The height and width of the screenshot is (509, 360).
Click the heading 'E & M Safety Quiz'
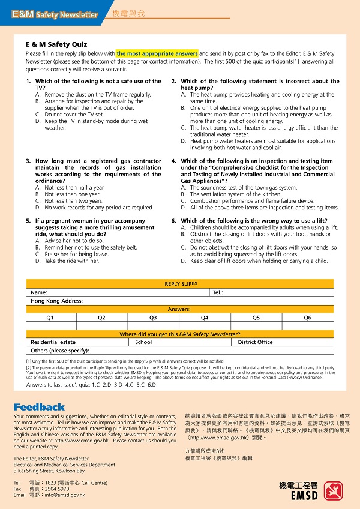tap(56, 44)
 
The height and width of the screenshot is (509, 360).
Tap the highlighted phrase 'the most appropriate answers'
tap(157, 53)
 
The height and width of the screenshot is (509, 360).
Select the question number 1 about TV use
tap(28, 81)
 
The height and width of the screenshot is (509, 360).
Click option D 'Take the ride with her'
tap(71, 261)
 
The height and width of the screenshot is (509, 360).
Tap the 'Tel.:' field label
tap(218, 292)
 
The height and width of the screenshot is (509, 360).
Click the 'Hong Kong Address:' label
tap(56, 301)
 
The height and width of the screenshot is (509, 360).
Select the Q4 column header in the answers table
tap(205, 318)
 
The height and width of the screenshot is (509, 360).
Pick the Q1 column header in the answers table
tap(50, 318)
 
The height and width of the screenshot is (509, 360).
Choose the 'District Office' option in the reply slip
tap(255, 342)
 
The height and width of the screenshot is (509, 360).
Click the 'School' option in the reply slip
tap(143, 342)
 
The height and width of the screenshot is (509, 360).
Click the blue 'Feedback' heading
tap(39, 407)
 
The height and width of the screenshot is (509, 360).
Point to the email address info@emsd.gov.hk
tap(65, 495)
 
